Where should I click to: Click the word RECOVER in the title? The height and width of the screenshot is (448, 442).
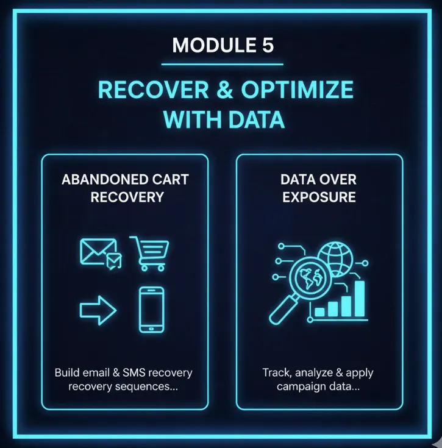click(x=144, y=90)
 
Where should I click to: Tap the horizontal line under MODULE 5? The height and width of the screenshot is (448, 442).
click(x=222, y=64)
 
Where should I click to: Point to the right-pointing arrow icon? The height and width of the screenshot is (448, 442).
click(x=98, y=312)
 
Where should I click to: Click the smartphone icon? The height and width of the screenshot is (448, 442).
click(x=151, y=310)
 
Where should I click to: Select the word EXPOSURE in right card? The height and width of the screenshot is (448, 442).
click(x=319, y=197)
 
